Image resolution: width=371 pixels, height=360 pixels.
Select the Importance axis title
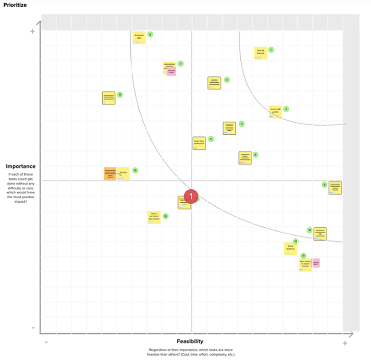[x=21, y=166]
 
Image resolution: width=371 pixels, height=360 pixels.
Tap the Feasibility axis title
[x=190, y=341]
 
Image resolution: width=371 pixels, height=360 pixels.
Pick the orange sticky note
[x=110, y=173]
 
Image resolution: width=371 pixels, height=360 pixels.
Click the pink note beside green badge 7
[x=171, y=72]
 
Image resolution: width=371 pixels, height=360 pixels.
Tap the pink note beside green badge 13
[x=316, y=262]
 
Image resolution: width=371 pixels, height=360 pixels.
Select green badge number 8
[x=150, y=35]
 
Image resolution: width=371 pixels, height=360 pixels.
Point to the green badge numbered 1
[x=271, y=50]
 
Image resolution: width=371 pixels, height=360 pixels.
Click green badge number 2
[x=286, y=109]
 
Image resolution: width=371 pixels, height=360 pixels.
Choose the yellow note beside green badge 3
[x=215, y=83]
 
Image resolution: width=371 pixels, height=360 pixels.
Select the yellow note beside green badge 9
[x=335, y=188]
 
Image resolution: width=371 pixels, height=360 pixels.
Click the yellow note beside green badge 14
[x=109, y=98]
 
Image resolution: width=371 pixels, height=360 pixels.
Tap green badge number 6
[x=255, y=155]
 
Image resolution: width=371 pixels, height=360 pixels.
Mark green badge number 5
[x=211, y=139]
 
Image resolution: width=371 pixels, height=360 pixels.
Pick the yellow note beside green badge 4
[x=229, y=128]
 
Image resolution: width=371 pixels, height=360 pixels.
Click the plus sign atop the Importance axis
[x=33, y=32]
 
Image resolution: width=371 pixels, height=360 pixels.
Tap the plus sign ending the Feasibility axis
[x=345, y=343]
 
